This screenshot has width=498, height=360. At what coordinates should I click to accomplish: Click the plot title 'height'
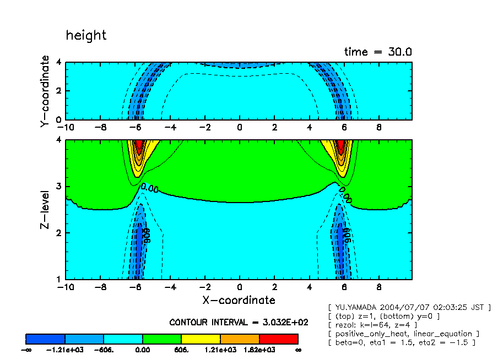coord(86,36)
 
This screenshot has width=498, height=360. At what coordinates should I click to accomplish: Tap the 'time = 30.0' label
coord(378,52)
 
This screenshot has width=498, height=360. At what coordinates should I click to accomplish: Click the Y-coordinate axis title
coord(45,91)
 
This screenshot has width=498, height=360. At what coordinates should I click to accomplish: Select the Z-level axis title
coord(45,210)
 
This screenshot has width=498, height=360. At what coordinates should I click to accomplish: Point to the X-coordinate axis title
coord(238,300)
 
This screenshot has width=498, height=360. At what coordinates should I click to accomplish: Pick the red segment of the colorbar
coord(278,339)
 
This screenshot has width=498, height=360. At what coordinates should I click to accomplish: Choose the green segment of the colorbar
coord(162,339)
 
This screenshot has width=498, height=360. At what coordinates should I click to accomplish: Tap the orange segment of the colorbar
coord(240,339)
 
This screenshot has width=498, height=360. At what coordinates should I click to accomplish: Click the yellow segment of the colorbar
coord(201,339)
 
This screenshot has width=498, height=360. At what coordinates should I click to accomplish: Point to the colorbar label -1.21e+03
coord(65,350)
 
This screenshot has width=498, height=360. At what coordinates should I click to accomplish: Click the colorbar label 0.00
coord(143,350)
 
